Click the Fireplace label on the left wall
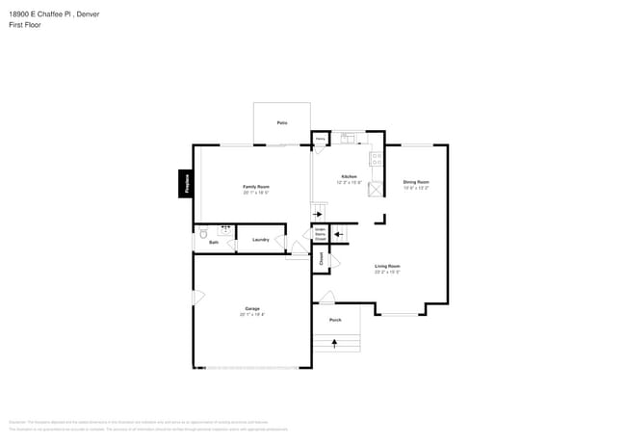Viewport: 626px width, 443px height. pos(186,183)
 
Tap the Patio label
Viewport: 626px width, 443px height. pos(282,123)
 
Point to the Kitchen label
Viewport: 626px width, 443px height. pos(349,177)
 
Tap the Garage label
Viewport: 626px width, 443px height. pos(251,309)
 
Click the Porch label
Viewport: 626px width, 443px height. pos(335,320)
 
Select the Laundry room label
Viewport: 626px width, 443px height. pos(260,240)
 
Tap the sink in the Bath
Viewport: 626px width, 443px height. pos(225,230)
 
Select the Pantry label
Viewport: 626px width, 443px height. pos(320,140)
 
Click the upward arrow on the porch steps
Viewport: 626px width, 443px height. pos(335,342)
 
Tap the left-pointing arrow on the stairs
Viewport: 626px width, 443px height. pos(338,233)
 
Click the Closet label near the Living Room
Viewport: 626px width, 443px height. pos(322,259)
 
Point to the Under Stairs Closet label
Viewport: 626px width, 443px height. pos(320,234)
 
